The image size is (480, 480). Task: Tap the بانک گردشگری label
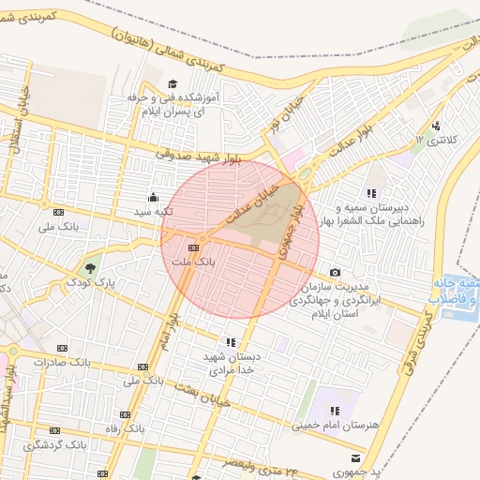pos(54,444)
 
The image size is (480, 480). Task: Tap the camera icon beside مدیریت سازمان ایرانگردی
pos(336,272)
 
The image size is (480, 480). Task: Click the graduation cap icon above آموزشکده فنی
pos(174,84)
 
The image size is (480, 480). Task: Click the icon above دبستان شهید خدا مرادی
pos(231,342)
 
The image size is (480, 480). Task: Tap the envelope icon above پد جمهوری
pos(354,457)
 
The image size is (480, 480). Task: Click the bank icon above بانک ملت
pos(194,247)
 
